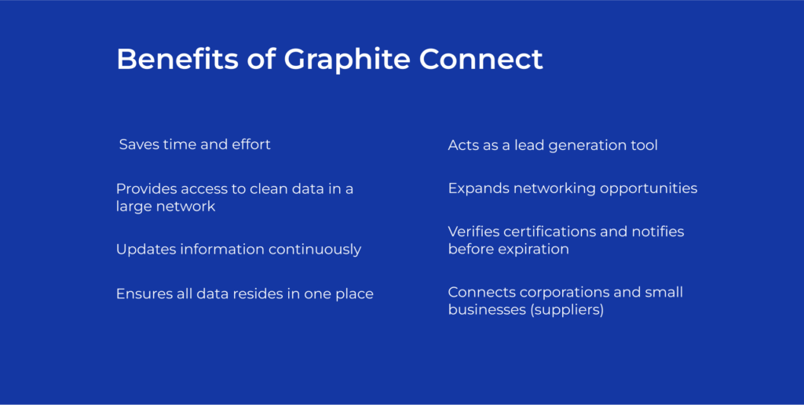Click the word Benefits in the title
[x=177, y=59]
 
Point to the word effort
[x=251, y=144]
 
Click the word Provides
[x=146, y=188]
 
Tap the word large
[x=130, y=207]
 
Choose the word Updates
[x=145, y=250]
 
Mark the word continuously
[x=315, y=250]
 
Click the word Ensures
[x=141, y=294]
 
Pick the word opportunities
[x=649, y=189]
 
